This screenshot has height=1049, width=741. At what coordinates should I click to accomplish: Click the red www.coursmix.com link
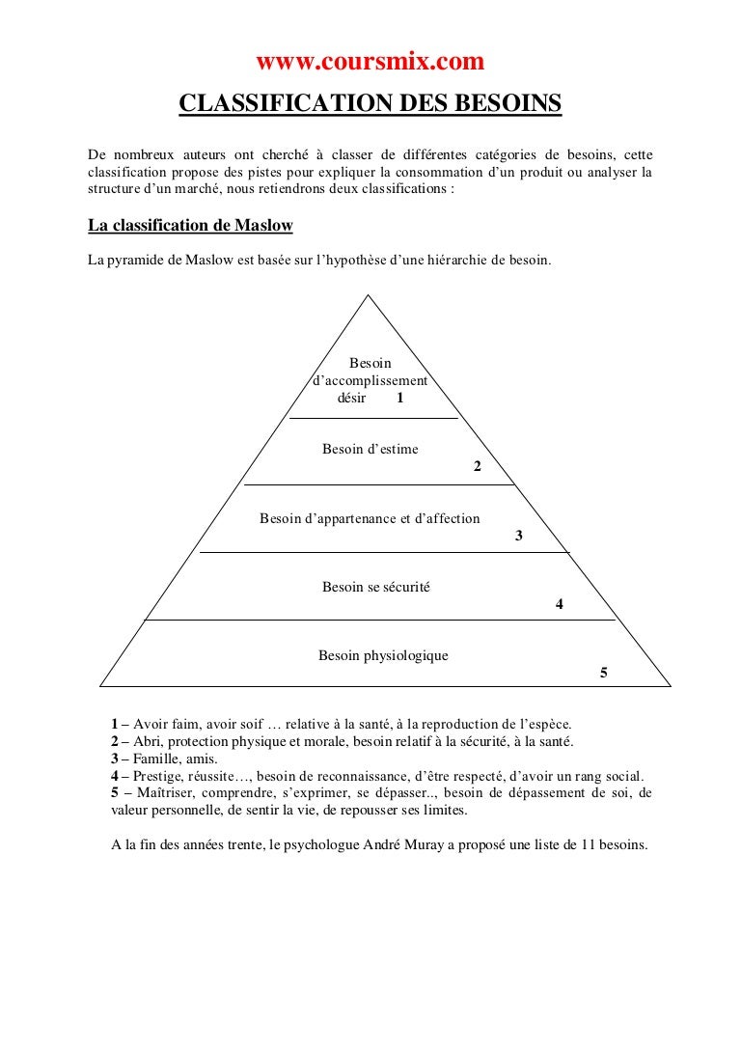coord(370,63)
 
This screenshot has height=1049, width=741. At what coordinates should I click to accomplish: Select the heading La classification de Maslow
coord(190,226)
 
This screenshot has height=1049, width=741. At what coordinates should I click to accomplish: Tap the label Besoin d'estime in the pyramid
coord(370,449)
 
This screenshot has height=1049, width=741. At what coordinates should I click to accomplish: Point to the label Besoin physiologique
coord(383,655)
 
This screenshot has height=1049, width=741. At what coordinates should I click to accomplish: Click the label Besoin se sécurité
coord(376,586)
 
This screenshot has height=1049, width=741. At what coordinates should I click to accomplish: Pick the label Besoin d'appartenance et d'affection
coord(370,518)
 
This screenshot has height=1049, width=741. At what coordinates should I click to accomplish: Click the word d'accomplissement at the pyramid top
coord(370,380)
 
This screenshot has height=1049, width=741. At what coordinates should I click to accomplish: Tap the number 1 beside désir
coord(399,398)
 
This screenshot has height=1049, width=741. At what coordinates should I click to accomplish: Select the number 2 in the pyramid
coord(477,467)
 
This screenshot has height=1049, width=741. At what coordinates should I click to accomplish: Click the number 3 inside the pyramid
coord(519,536)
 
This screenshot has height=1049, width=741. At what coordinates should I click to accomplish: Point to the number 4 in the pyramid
coord(560,604)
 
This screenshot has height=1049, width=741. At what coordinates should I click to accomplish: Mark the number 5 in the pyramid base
coord(603,673)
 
